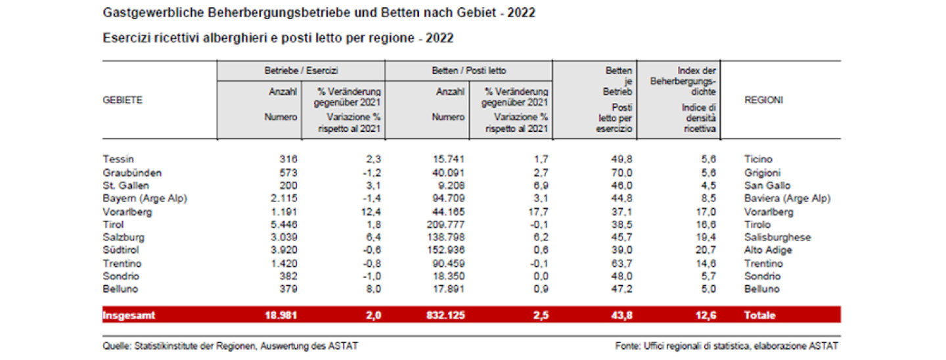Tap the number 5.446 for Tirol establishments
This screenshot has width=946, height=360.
coord(284,224)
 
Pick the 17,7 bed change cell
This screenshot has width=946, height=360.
coord(537,211)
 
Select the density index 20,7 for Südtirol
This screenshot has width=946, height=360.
coord(705,250)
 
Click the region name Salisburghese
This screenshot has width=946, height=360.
coord(777,237)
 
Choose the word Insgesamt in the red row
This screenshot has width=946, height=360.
coord(129,315)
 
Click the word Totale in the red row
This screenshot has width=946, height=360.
coord(759,315)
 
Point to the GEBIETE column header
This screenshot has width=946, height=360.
coord(123,100)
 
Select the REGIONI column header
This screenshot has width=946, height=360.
coord(763,100)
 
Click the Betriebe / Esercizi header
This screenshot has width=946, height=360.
coord(300,70)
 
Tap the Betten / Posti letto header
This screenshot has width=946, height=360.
coord(468,70)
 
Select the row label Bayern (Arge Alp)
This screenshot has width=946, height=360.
coord(145,198)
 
